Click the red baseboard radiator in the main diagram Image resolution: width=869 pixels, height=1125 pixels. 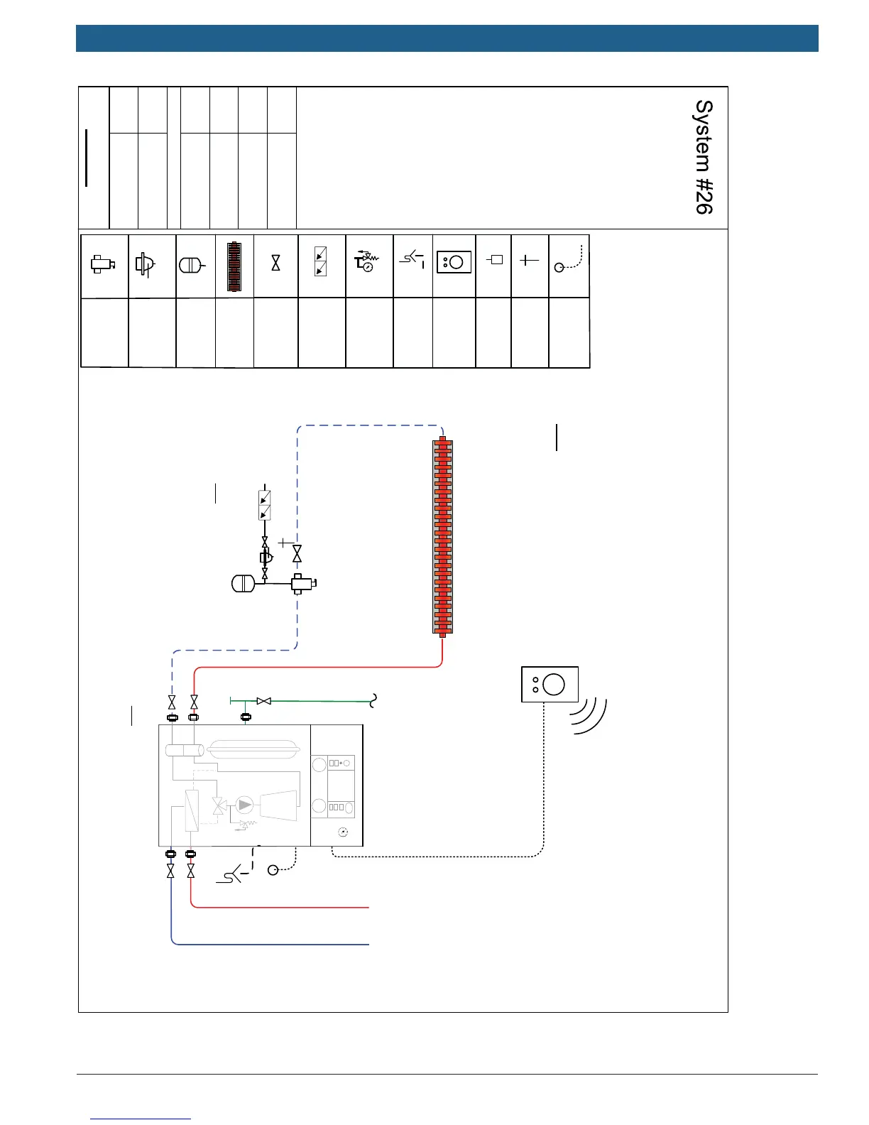[x=442, y=536]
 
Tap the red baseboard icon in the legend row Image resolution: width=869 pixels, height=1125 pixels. [x=234, y=267]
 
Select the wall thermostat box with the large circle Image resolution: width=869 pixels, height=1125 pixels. [x=550, y=685]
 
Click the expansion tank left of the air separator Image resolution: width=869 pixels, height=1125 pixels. [x=243, y=584]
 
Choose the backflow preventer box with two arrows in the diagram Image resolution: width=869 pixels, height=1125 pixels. [x=265, y=505]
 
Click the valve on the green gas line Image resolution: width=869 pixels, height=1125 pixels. [x=263, y=701]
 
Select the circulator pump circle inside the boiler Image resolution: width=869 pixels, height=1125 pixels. [x=245, y=805]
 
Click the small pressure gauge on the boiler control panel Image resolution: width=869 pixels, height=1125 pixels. [x=344, y=832]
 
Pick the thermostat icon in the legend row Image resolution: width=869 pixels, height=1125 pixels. [x=454, y=262]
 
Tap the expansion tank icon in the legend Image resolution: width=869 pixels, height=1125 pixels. [x=193, y=265]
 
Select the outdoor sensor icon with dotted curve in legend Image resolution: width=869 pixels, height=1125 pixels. [x=568, y=261]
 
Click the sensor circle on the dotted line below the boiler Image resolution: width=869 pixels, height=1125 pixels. [x=273, y=870]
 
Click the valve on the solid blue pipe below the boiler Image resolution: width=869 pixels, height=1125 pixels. [x=170, y=871]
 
